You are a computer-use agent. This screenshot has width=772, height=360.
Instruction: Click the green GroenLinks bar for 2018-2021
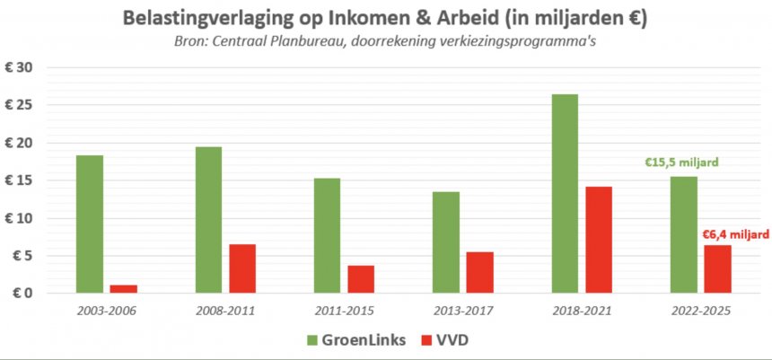tap(565, 193)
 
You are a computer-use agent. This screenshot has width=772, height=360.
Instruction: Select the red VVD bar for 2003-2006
tap(124, 288)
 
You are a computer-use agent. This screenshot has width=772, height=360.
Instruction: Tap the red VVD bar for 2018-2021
tap(598, 240)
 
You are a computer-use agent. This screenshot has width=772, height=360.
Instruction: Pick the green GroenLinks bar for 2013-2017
tap(446, 241)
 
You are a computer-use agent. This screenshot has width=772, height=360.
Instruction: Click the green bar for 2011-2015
tap(327, 235)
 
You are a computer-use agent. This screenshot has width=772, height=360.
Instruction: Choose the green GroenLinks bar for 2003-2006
tap(90, 224)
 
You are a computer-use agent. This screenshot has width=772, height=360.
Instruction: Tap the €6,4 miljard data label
tap(734, 234)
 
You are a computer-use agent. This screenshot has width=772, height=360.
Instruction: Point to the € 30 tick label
tap(18, 68)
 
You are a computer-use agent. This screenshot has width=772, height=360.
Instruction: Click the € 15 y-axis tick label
tap(18, 180)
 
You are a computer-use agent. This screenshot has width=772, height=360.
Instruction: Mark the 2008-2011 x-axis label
tap(224, 311)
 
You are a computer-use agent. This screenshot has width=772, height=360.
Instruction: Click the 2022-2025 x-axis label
tap(700, 311)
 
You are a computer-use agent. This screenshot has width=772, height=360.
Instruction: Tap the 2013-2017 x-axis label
tap(462, 311)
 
